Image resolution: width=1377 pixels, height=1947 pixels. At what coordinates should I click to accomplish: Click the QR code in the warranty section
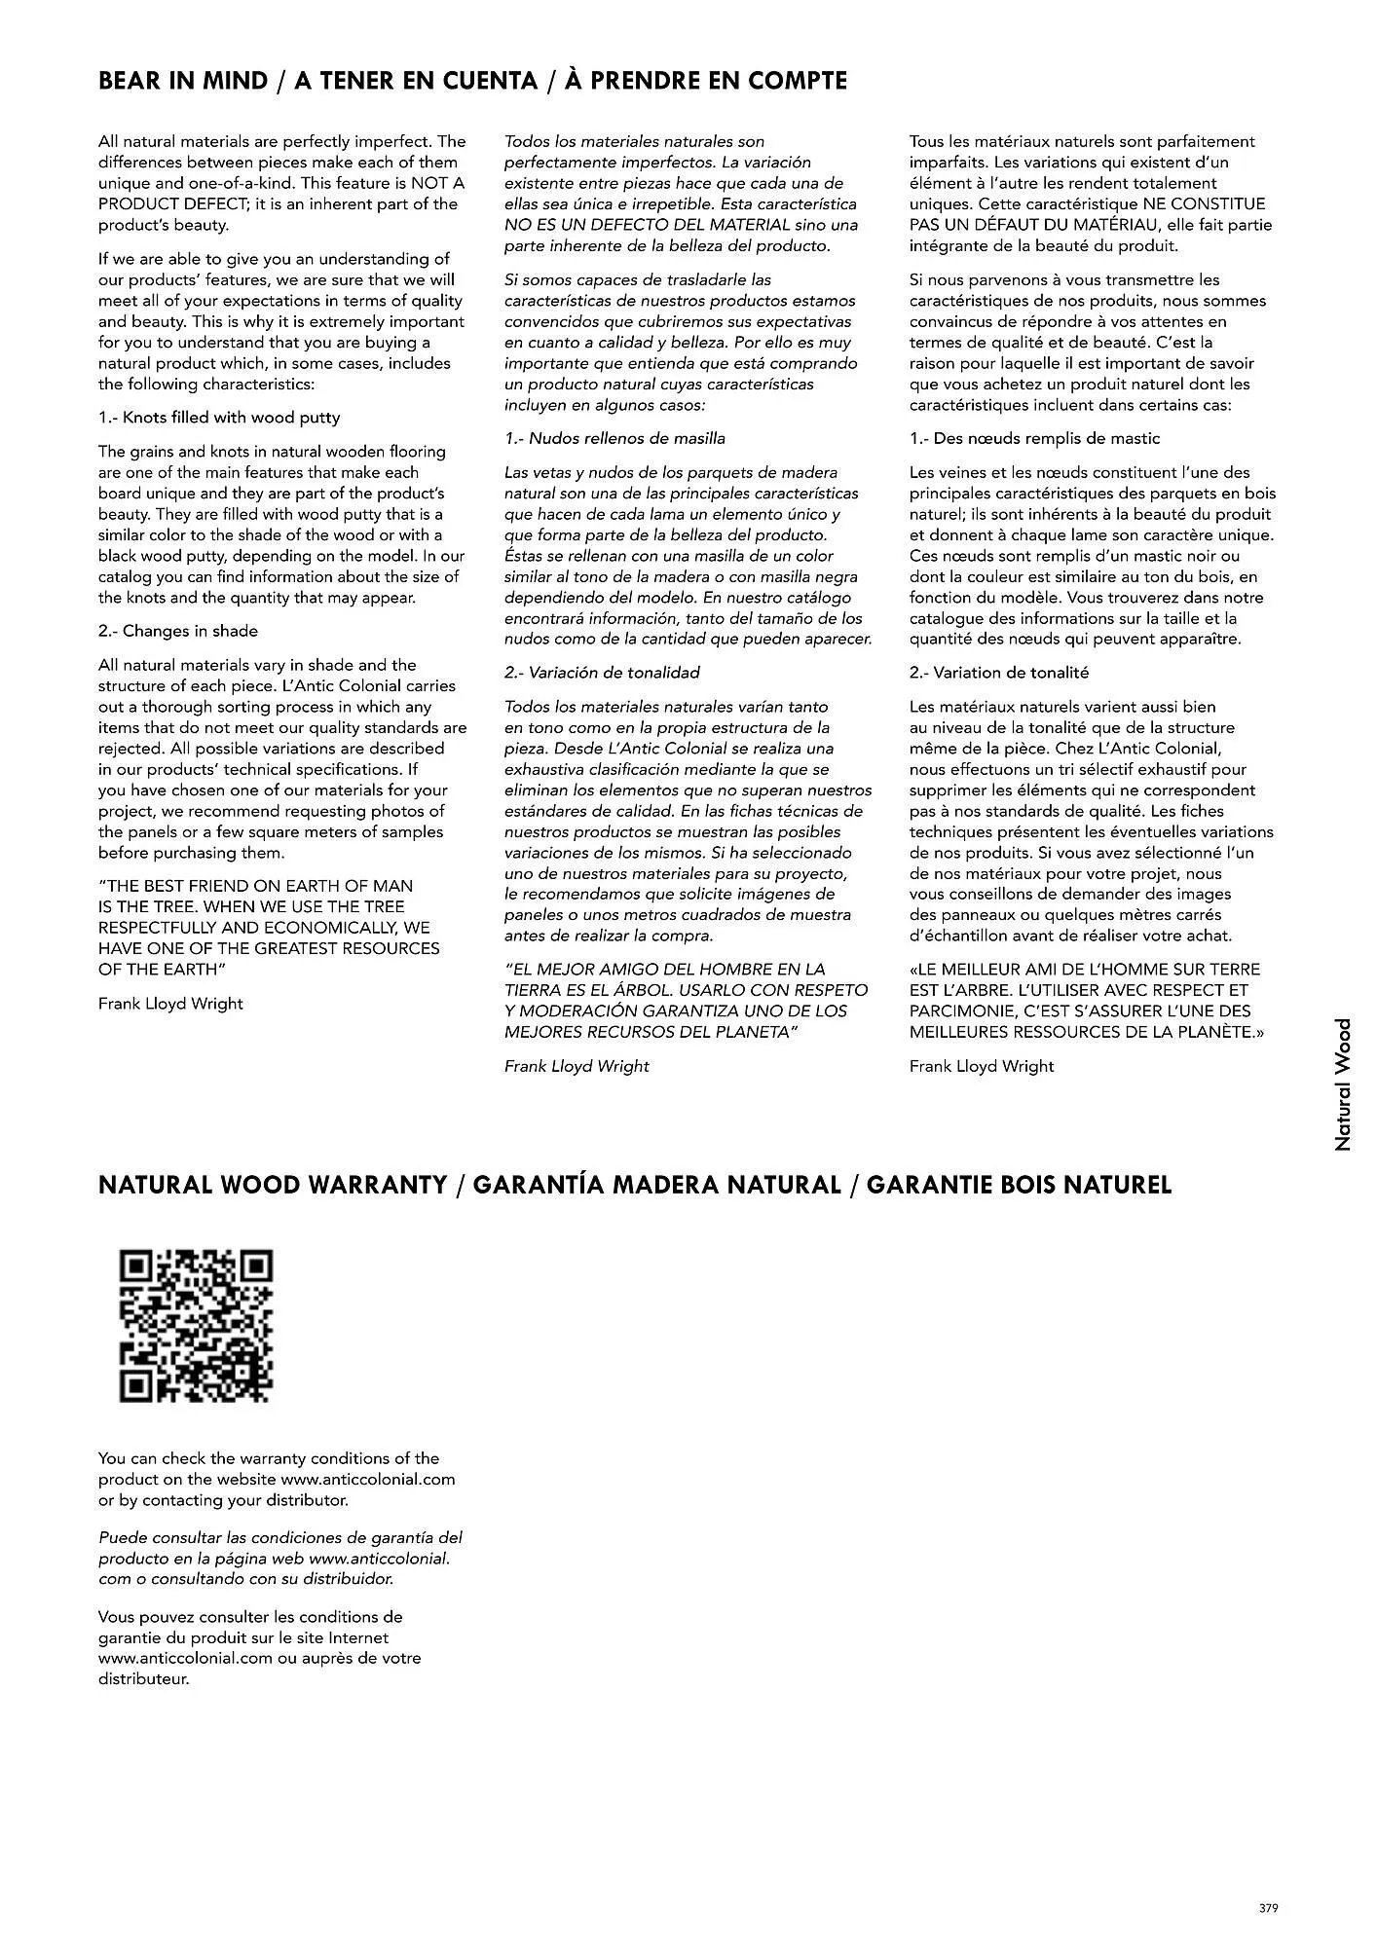click(x=196, y=1325)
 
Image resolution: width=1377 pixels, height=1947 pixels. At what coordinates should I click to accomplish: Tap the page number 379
click(x=1267, y=1907)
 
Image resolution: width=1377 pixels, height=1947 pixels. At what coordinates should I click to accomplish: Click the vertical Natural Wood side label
click(x=1343, y=1084)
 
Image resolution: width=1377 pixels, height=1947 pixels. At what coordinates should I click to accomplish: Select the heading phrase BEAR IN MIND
click(x=182, y=81)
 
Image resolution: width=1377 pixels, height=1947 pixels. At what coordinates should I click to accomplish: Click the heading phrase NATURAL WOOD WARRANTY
click(x=272, y=1185)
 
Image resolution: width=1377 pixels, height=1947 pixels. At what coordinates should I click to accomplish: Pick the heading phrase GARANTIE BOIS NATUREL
click(x=1018, y=1185)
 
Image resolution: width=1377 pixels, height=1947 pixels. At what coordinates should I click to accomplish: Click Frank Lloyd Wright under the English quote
click(x=170, y=1004)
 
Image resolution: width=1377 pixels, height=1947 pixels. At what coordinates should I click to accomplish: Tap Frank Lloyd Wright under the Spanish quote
click(x=577, y=1066)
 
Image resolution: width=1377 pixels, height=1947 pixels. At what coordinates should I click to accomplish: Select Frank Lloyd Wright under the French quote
click(x=982, y=1066)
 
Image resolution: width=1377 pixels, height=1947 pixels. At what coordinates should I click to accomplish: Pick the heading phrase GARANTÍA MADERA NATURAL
click(x=656, y=1185)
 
